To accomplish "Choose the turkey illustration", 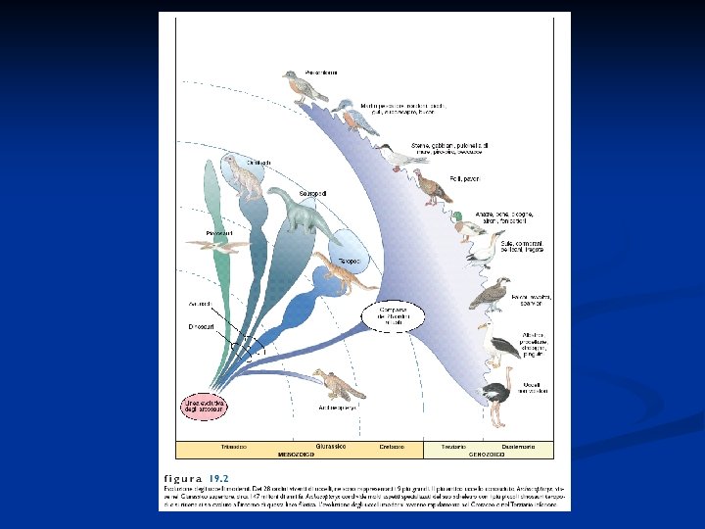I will pos(431,186).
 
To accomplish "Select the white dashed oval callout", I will pos(397,315).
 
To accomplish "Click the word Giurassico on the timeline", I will pos(330,447).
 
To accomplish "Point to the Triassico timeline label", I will pos(233,447).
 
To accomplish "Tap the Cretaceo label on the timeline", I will pos(392,447).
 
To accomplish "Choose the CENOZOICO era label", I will pos(487,455).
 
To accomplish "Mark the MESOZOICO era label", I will pos(297,455).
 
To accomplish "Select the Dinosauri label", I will pos(201,326).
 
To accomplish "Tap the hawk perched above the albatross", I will pos(490,293).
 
